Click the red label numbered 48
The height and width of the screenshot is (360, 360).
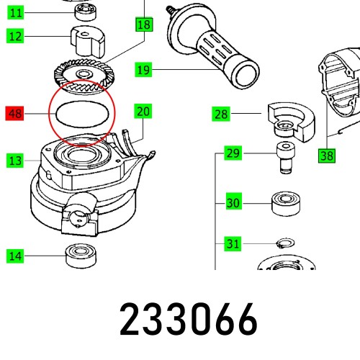point(15,114)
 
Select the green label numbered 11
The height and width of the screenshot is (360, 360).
point(15,12)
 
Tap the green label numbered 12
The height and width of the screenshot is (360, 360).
point(15,35)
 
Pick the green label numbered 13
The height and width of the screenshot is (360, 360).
point(15,161)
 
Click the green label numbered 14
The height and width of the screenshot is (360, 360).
point(15,255)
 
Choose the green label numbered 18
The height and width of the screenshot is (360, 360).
point(144,25)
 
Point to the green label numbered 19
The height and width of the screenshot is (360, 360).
point(144,70)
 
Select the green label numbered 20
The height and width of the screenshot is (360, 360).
point(144,111)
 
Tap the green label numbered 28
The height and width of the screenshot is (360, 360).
point(221,114)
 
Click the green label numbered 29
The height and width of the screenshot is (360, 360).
point(233,153)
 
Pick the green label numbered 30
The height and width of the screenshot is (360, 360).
point(233,202)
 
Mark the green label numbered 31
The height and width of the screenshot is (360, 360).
point(233,244)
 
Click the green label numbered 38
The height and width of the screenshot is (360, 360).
point(328,154)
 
